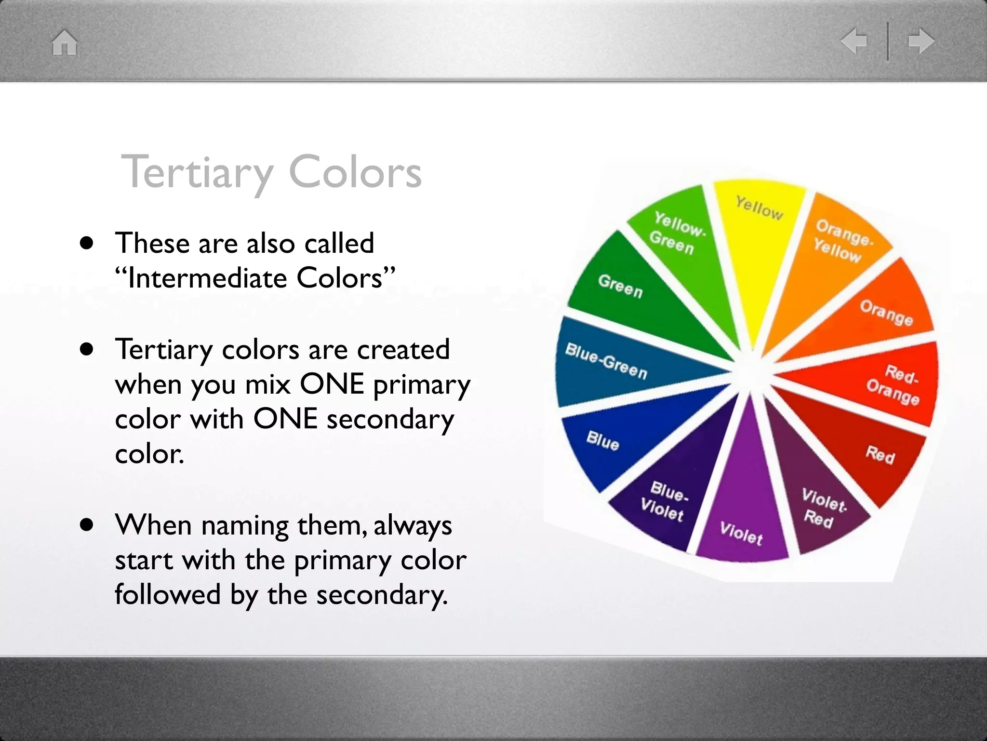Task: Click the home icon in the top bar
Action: point(65,42)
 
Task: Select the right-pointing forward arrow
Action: point(921,41)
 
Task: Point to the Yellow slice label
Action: point(759,208)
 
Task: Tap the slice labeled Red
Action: point(880,454)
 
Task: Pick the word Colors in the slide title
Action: point(355,173)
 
